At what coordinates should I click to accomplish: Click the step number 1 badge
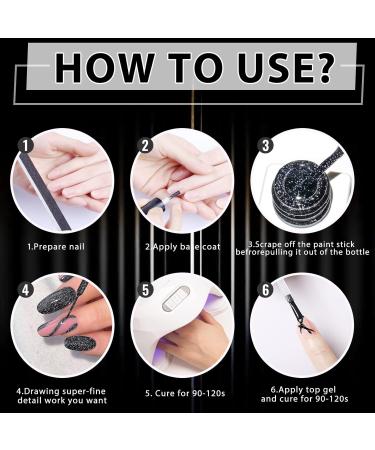27,146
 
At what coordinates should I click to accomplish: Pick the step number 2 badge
145,146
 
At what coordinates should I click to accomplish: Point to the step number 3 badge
266,146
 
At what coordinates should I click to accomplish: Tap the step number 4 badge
26,290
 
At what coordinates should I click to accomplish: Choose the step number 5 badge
146,290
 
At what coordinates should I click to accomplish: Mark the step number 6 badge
266,290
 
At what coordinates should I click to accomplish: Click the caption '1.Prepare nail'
56,247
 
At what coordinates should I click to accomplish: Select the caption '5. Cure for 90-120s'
185,393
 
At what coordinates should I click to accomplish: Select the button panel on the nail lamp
175,298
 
